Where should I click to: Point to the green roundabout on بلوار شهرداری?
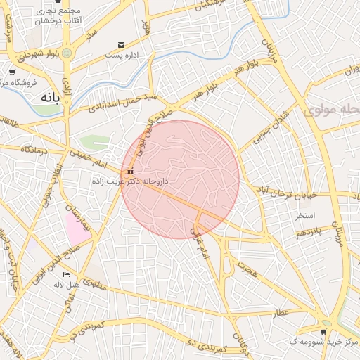pyautogui.click(x=67, y=53)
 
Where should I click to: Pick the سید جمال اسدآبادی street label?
pyautogui.click(x=121, y=103)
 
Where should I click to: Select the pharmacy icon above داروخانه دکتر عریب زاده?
pyautogui.click(x=129, y=171)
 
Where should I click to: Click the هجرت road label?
pyautogui.click(x=248, y=267)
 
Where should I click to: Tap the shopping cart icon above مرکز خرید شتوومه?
pyautogui.click(x=323, y=332)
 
